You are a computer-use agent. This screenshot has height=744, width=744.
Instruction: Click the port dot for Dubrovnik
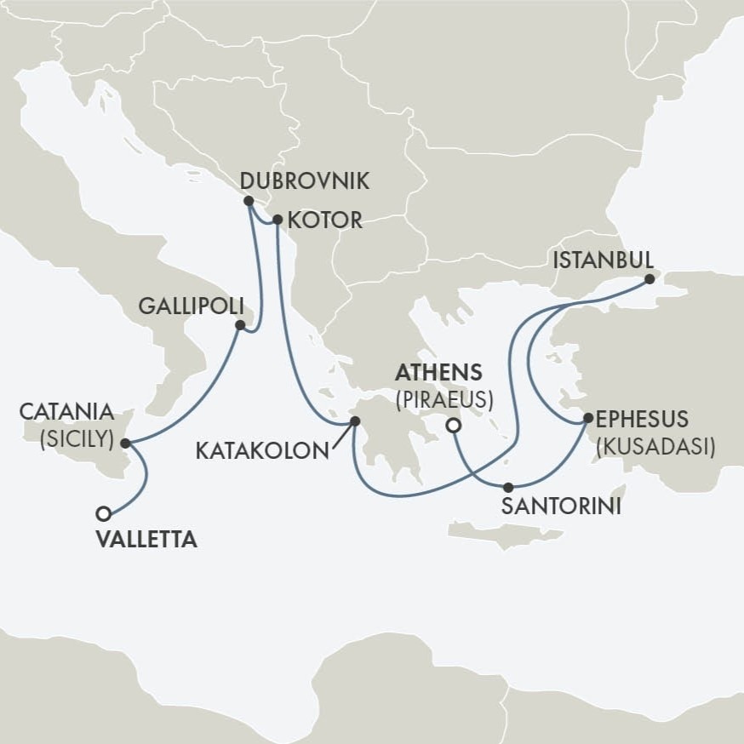[248, 202]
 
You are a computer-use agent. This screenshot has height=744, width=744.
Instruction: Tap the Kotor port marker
[277, 220]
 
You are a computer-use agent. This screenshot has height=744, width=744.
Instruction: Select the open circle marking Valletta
[104, 513]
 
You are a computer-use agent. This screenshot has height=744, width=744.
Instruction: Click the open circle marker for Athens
[454, 425]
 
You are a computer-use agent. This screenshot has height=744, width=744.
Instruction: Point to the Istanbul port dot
[650, 278]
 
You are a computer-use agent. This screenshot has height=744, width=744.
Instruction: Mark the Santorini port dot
[508, 488]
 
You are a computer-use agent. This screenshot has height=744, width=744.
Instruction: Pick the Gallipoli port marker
[241, 325]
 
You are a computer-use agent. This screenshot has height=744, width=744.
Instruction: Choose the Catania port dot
[125, 444]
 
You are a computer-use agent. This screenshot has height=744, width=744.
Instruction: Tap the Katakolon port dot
[355, 421]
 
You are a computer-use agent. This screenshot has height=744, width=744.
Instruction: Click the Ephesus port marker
[587, 418]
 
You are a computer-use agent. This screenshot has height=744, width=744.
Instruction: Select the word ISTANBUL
[603, 259]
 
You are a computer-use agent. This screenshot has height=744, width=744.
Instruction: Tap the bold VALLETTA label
[147, 540]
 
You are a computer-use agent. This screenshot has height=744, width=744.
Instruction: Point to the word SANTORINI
[559, 507]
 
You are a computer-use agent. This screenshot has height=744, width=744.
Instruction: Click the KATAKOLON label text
[261, 450]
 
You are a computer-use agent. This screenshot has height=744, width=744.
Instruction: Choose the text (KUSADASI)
[655, 446]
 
